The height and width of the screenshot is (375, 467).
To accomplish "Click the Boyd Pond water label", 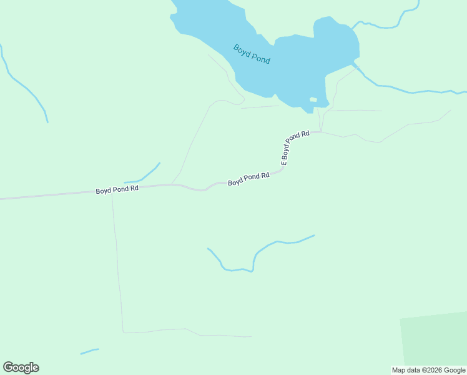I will (x=252, y=54).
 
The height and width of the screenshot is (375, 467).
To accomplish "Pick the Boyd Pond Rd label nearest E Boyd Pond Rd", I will (x=248, y=179).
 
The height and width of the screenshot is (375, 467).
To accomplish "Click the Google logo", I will (x=21, y=367).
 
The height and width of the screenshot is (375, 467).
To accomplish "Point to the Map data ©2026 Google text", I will (x=428, y=370).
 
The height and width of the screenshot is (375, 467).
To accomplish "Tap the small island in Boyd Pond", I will (x=313, y=99).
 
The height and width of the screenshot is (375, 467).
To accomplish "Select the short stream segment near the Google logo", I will (x=89, y=351).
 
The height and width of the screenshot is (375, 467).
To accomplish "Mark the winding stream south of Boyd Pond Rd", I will (x=256, y=253).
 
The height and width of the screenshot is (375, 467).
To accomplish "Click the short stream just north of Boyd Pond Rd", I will (x=144, y=176).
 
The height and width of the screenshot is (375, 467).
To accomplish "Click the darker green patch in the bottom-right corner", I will (x=435, y=341).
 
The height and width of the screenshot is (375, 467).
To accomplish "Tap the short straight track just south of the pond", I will (x=260, y=107).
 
